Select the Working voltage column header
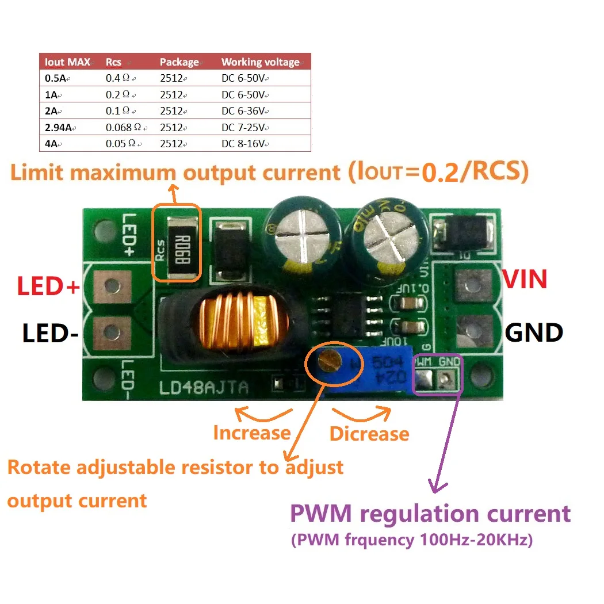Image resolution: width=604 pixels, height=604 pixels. tap(260, 62)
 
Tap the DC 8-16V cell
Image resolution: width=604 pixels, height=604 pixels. tap(244, 144)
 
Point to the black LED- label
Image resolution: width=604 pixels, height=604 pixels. tap(49, 334)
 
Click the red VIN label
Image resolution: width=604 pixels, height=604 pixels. tap(525, 280)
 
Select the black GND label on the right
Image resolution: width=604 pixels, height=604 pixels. tap(534, 332)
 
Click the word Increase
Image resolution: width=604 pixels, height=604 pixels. tap(251, 433)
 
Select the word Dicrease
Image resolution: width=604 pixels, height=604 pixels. tap(369, 434)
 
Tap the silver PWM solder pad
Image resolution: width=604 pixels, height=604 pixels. tap(424, 379)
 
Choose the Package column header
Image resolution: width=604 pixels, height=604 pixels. tap(179, 62)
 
